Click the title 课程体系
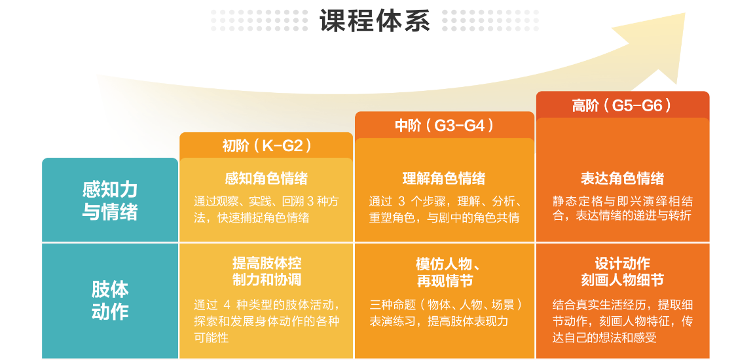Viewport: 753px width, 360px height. tap(375, 21)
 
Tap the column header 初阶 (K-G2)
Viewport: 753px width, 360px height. tap(266, 145)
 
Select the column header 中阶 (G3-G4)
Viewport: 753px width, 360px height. tap(444, 125)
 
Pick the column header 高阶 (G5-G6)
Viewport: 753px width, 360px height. tap(623, 105)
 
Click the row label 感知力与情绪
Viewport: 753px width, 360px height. tap(110, 201)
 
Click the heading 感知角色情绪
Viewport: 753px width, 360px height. tap(266, 179)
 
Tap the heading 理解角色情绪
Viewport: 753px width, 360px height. tap(444, 179)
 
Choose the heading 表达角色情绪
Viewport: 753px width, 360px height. tap(623, 179)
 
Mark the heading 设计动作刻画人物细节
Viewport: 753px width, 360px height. tap(623, 271)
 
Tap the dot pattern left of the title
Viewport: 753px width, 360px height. tap(259, 21)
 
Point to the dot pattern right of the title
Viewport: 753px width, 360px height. tap(490, 21)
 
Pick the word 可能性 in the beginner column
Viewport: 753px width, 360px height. tap(211, 338)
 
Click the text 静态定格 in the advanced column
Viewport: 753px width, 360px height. tap(576, 201)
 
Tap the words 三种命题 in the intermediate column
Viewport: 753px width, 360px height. tap(392, 306)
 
